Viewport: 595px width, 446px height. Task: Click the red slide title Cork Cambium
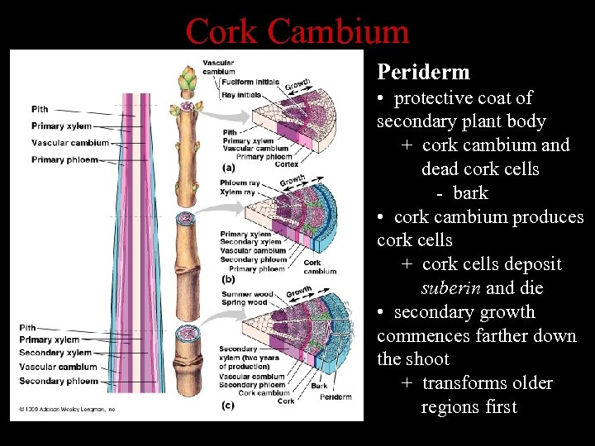point(297,31)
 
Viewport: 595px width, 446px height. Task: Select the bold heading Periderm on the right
point(423,72)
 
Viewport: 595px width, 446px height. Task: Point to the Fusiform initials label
point(250,82)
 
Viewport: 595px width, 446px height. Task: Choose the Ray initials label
point(241,95)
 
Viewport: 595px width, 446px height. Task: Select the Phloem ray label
point(240,183)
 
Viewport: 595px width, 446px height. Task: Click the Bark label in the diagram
point(319,386)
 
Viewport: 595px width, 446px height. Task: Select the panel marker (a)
point(228,168)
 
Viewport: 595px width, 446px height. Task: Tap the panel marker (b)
point(228,279)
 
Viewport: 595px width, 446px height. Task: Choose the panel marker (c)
point(228,405)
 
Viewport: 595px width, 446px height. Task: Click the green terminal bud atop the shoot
point(188,81)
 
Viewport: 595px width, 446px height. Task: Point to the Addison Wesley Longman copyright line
point(68,409)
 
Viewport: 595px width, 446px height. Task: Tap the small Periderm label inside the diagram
point(335,396)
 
